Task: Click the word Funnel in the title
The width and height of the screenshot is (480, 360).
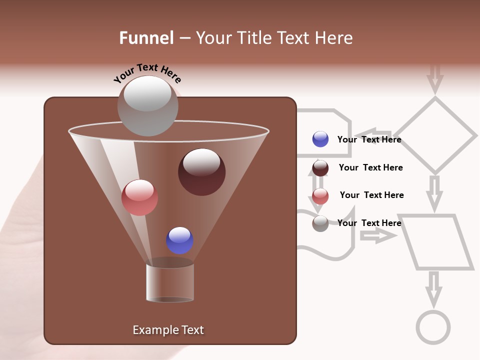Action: coord(146,38)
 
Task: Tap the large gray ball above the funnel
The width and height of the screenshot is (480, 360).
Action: coord(147,105)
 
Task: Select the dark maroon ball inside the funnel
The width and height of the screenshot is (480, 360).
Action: coord(201,172)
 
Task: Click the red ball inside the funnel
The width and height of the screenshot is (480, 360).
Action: coord(139,197)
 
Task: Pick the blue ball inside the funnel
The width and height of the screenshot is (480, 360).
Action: coord(179,240)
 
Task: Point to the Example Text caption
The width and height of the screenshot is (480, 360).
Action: coord(168,330)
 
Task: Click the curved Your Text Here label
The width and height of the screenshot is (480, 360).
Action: coord(147,72)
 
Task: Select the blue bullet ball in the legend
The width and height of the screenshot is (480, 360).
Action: coord(320,139)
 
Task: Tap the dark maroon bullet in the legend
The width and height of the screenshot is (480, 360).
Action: coord(320,168)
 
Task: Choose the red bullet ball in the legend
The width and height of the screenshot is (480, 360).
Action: coord(320,195)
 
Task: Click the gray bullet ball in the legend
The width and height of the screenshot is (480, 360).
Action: coord(320,223)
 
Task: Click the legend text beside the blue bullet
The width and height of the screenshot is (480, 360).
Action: coord(369,139)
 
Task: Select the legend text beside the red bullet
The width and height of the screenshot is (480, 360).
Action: coord(371,195)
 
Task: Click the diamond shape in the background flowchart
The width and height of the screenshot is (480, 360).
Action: coord(435,135)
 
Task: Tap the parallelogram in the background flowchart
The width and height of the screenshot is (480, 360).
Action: coord(438,242)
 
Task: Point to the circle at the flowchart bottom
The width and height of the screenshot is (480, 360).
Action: coord(433,327)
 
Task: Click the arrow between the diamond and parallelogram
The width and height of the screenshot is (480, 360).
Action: coord(435,192)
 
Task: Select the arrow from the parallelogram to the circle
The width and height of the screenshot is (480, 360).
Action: coord(433,288)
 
